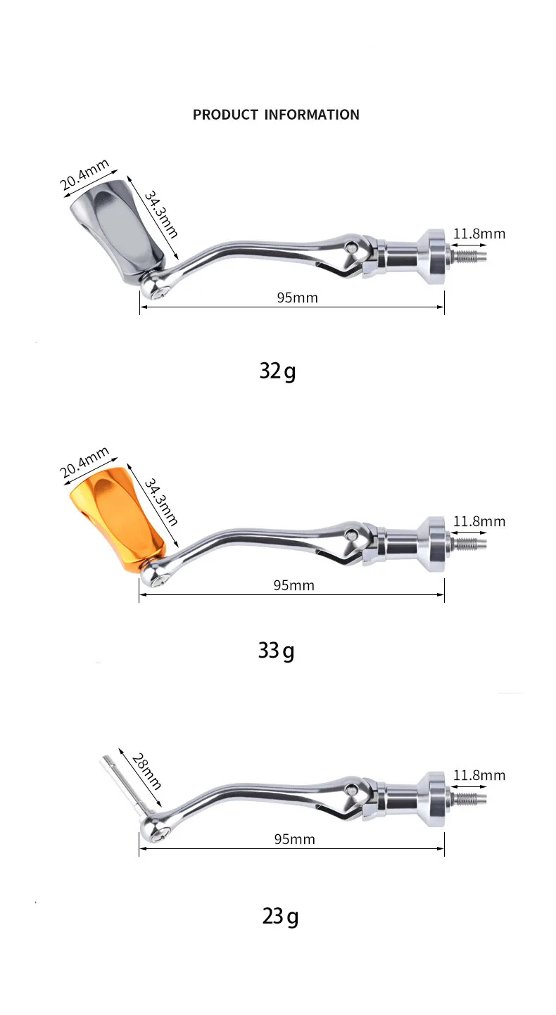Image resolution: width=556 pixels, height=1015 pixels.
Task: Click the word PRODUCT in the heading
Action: point(225,115)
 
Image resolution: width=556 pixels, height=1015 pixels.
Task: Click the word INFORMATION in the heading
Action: point(312,115)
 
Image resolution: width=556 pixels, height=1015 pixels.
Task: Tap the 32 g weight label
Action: point(277,371)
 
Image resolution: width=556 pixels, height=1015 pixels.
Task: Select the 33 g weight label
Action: point(276,651)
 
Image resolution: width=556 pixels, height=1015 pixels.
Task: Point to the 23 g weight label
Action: point(280,917)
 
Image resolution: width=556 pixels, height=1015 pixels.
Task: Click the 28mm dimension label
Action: point(146,772)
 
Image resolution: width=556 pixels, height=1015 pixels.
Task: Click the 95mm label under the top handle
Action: point(298,298)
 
